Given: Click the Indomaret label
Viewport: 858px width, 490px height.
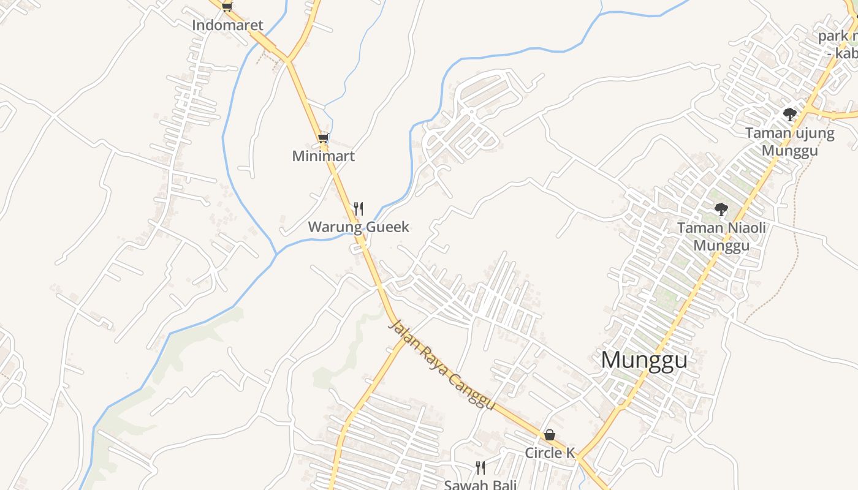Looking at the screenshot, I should coord(227,25).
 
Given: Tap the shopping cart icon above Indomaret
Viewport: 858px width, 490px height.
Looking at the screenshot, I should coord(227,7).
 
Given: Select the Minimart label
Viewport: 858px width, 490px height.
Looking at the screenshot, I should coord(323,156).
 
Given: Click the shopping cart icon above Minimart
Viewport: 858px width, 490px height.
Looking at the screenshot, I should coord(323,138).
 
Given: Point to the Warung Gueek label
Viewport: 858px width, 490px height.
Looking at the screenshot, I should coord(358,227).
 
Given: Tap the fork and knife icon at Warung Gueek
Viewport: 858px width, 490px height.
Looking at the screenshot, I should coord(359,209).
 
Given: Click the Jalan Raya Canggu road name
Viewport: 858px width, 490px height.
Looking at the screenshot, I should coord(441,365).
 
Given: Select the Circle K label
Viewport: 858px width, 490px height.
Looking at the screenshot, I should coord(550,453).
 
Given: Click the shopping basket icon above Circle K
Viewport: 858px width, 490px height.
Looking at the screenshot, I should coord(550,435).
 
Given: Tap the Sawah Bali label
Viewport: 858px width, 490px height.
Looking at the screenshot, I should coord(480,485).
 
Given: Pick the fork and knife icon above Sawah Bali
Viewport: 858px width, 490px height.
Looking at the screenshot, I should coord(480,468).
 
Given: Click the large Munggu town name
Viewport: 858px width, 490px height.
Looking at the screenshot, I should coord(643,360).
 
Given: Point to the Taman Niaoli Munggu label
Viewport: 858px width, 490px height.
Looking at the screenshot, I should coord(721,237).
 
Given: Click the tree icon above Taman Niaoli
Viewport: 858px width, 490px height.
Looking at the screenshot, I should coord(721,209).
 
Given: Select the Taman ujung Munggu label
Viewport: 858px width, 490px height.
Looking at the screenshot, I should coord(789,141).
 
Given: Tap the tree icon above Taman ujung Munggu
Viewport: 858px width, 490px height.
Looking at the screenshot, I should coord(789,114).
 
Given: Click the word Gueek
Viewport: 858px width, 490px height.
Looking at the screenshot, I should coord(387,227).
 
